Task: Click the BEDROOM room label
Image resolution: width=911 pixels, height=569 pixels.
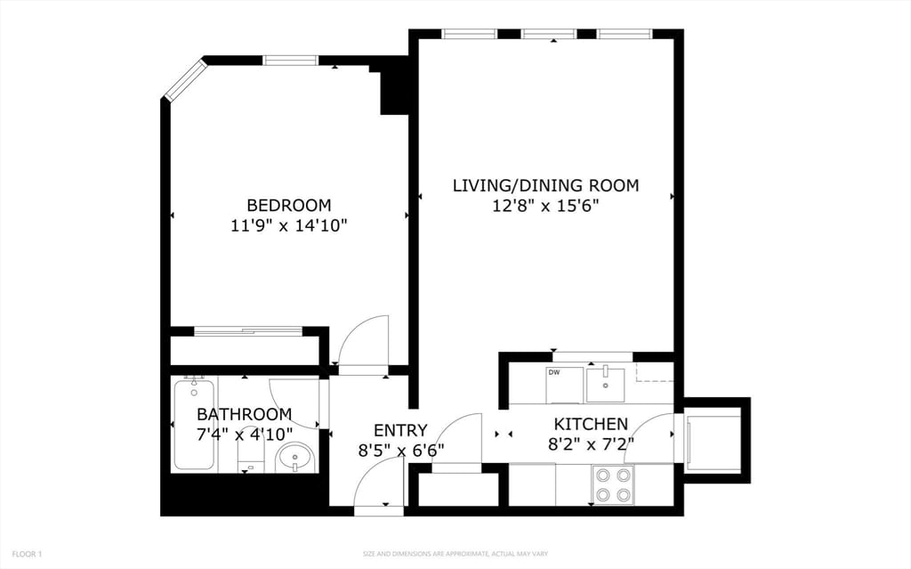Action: click(288, 205)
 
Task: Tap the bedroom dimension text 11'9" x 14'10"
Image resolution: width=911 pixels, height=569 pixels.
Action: click(288, 225)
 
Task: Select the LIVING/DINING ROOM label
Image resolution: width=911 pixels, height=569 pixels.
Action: click(545, 185)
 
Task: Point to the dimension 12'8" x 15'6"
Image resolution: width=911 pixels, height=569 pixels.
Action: click(545, 206)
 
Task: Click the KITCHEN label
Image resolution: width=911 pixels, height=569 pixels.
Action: click(591, 424)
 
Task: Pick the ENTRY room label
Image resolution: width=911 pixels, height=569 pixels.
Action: click(400, 430)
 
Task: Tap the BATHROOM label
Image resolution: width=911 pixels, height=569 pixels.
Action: click(244, 414)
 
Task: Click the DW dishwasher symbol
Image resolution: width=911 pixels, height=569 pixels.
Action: click(564, 384)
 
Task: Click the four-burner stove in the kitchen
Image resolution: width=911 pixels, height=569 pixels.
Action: click(612, 484)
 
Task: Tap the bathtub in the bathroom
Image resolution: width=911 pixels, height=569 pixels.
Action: click(193, 423)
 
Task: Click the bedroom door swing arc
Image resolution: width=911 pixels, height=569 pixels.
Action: click(363, 340)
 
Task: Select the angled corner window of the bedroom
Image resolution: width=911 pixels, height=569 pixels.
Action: click(182, 80)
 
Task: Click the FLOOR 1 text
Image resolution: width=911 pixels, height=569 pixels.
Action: click(21, 554)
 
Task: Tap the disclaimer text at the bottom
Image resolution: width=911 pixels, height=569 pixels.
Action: click(455, 554)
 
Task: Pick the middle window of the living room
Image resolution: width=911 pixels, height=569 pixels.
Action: click(548, 35)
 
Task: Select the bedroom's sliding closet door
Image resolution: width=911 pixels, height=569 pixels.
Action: click(248, 331)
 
